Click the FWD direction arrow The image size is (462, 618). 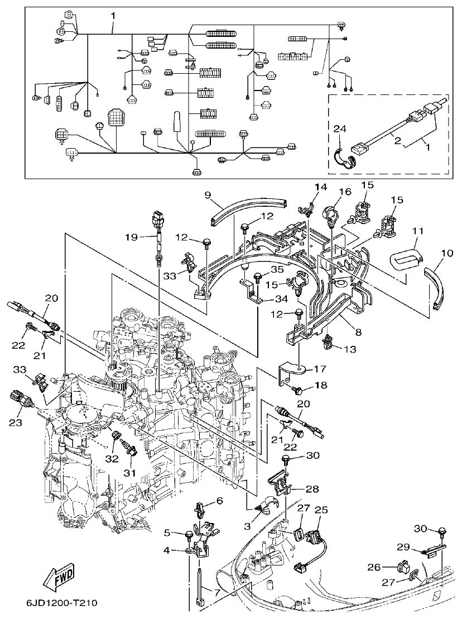click(57, 579)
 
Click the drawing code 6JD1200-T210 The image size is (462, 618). click(61, 603)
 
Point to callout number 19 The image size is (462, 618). click(132, 237)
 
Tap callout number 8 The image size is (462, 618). click(357, 332)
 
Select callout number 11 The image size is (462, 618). click(418, 231)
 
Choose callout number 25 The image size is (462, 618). click(321, 510)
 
